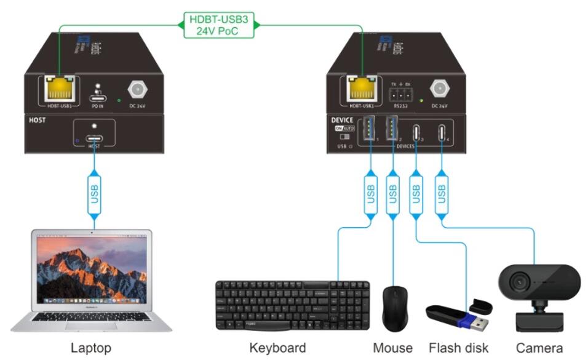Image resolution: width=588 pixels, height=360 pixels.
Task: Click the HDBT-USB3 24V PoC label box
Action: point(219,25)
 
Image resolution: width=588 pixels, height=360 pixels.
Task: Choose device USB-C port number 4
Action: point(442,133)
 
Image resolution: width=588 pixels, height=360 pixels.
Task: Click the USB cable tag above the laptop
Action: point(94,192)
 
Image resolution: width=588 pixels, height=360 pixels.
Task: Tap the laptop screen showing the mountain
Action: point(93,270)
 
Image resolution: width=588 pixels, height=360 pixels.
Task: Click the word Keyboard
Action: point(277,348)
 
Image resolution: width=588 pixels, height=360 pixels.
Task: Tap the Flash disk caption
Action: point(458,348)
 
